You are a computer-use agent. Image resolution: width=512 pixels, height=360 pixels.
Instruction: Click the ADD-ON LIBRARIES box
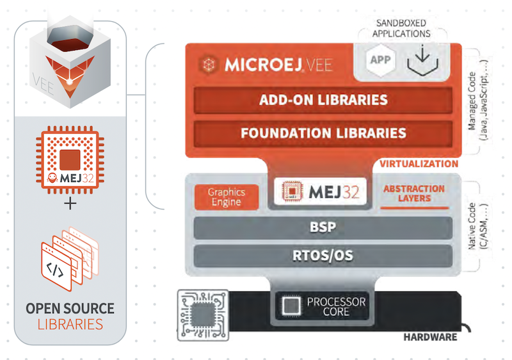(323, 100)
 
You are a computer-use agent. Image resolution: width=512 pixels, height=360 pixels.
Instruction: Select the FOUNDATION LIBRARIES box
(323, 133)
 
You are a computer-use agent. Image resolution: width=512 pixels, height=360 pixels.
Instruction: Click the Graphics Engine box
(225, 197)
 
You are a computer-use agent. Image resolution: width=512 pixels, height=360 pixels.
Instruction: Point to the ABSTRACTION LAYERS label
(413, 193)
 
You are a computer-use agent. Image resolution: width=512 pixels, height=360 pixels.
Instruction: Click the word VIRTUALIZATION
(419, 164)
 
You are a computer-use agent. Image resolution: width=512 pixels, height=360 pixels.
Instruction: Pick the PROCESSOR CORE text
(335, 306)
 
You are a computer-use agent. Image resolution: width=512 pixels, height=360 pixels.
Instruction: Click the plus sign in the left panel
(70, 204)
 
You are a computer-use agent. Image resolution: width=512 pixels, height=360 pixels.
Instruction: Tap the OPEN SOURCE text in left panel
(70, 308)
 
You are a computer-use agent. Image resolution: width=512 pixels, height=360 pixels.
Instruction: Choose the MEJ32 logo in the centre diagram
(321, 191)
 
